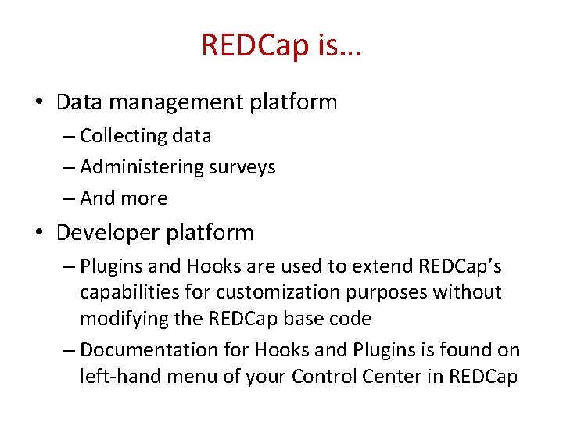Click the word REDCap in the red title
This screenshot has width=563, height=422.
[x=255, y=45]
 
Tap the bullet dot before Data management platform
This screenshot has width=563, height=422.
[x=40, y=101]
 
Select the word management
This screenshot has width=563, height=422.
[x=176, y=103]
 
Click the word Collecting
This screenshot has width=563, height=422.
[x=123, y=136]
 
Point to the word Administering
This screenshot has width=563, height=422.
[x=142, y=167]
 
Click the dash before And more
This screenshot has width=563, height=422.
[x=69, y=198]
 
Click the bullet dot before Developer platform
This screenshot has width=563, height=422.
[x=40, y=232]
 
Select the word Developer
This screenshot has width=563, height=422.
[x=108, y=233]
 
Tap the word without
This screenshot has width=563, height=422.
[x=467, y=292]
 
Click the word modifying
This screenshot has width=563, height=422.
[x=124, y=320]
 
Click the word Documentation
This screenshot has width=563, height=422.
[x=149, y=349]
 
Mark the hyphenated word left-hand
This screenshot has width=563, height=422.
[x=120, y=377]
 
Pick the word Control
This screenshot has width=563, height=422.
[x=324, y=377]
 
